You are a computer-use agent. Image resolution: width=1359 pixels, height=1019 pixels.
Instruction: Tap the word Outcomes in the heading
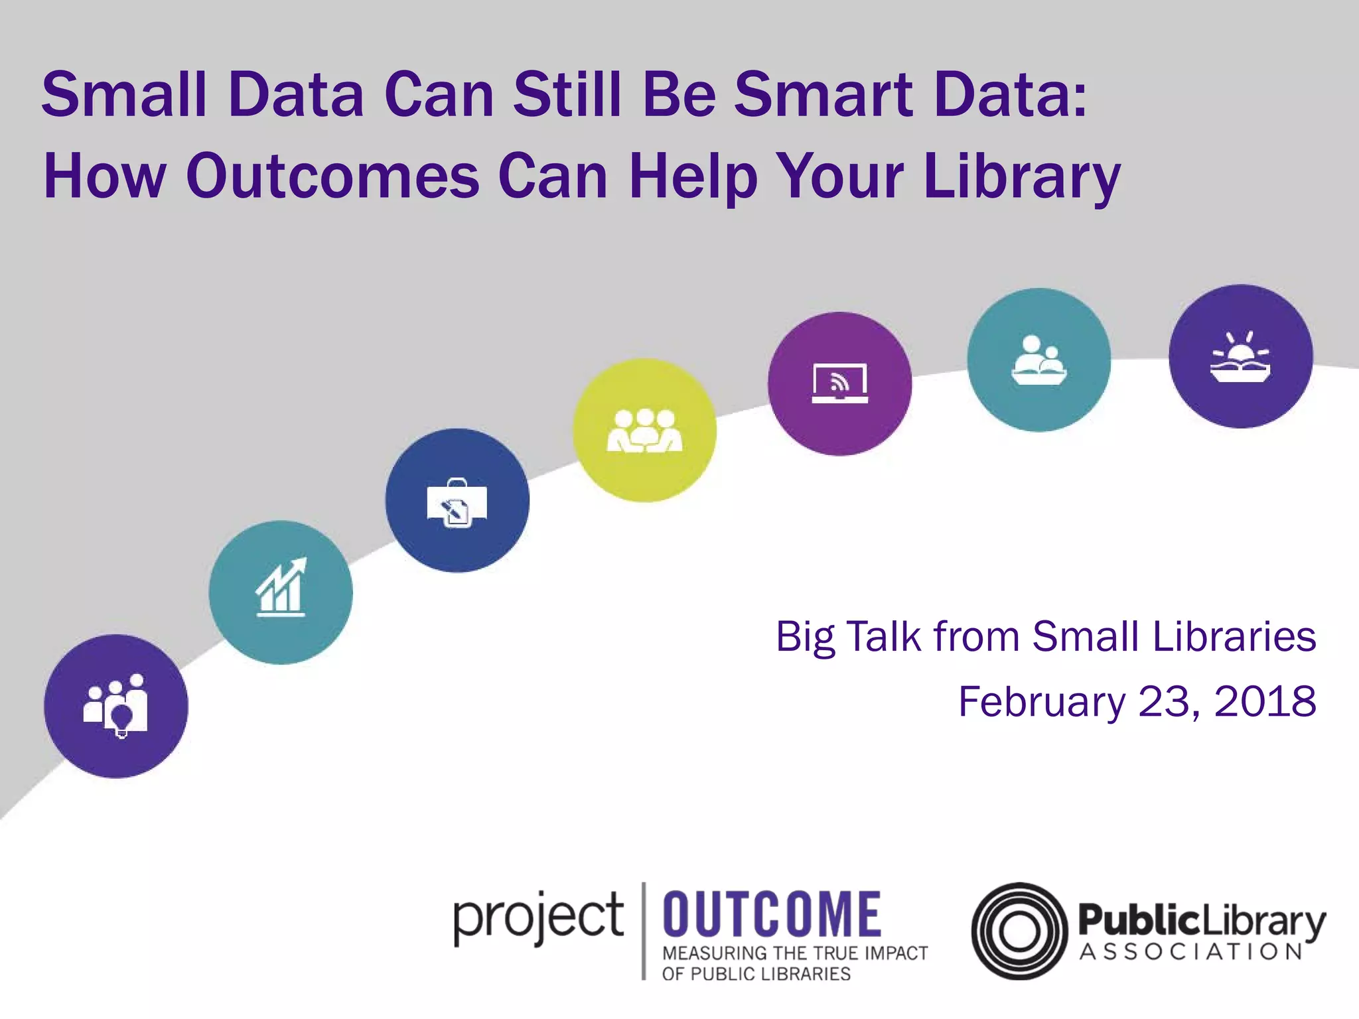pyautogui.click(x=332, y=176)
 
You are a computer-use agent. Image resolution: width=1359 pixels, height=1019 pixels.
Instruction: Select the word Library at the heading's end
pyautogui.click(x=1021, y=176)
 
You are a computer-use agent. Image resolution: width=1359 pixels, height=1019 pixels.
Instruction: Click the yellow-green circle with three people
pyautogui.click(x=644, y=430)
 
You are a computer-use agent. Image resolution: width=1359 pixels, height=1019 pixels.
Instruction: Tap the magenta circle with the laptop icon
pyautogui.click(x=839, y=383)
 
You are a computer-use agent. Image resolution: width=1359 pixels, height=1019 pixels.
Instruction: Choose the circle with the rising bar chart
pyautogui.click(x=281, y=592)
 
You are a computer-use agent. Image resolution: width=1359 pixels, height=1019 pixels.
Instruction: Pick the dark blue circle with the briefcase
pyautogui.click(x=457, y=500)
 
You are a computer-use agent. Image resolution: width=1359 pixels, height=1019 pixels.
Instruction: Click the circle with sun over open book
pyautogui.click(x=1240, y=356)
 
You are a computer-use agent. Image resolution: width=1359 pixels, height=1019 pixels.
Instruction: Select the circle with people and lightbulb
pyautogui.click(x=116, y=706)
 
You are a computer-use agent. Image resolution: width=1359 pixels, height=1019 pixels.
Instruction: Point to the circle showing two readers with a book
pyautogui.click(x=1038, y=360)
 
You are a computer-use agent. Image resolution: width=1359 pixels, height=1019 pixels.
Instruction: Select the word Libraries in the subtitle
pyautogui.click(x=1234, y=637)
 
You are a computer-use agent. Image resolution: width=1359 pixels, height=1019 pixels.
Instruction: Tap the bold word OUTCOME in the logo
pyautogui.click(x=772, y=914)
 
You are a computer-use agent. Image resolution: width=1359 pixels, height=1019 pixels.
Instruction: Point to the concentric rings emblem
pyautogui.click(x=1019, y=931)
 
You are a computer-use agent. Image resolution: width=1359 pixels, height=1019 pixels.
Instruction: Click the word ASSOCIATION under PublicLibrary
pyautogui.click(x=1191, y=953)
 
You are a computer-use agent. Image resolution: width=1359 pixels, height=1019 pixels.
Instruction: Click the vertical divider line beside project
pyautogui.click(x=643, y=931)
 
